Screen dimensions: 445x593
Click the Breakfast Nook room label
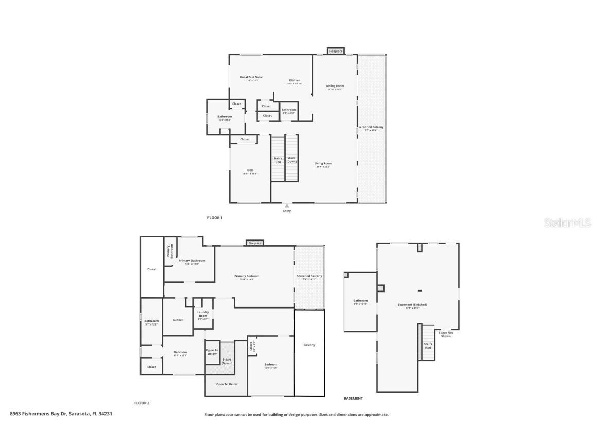(x=251, y=77)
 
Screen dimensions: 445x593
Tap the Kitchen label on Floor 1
(x=294, y=81)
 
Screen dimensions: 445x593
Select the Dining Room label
(x=335, y=86)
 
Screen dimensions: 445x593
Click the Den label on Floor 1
(x=250, y=170)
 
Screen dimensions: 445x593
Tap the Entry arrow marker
(x=287, y=206)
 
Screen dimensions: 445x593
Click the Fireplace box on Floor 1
(x=336, y=51)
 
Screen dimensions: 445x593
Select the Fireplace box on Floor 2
(x=255, y=243)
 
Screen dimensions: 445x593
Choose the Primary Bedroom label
(x=247, y=276)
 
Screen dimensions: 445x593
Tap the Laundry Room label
(x=203, y=316)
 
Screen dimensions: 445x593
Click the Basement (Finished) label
(x=412, y=305)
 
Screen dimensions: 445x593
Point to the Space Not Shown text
(x=446, y=334)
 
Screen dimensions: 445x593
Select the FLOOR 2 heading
(x=142, y=403)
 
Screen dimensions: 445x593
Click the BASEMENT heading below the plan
(x=353, y=398)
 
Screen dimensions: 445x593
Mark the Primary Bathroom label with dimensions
(x=188, y=261)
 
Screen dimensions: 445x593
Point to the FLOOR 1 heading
(x=215, y=218)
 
